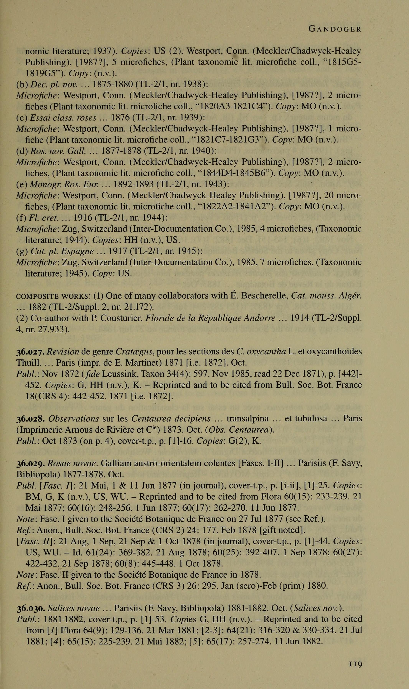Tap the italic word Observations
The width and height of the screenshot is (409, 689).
click(74, 419)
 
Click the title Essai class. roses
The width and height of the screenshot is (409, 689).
click(63, 118)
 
